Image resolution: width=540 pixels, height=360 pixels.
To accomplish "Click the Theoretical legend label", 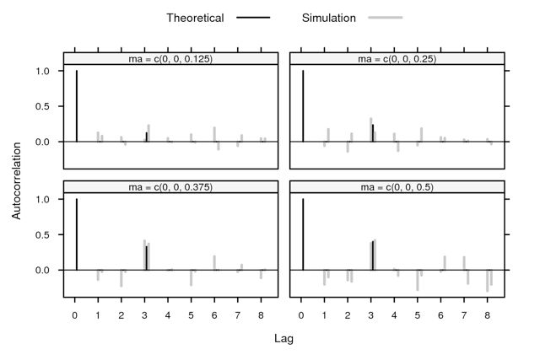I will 195,18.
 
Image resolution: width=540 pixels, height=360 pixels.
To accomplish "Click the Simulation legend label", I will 329,18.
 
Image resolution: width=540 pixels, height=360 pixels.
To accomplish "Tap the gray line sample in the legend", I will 386,18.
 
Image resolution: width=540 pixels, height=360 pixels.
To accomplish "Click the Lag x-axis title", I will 283,338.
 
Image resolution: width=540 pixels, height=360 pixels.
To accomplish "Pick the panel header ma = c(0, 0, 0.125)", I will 170,59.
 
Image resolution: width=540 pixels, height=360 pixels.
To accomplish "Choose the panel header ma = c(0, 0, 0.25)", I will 397,59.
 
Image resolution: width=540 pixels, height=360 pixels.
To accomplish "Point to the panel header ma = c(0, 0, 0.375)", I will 170,187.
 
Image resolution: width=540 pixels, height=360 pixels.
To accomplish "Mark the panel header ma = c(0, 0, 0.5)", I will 397,187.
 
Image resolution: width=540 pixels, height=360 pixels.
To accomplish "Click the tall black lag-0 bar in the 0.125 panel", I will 76,105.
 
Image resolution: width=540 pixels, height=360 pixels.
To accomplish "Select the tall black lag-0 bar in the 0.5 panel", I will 302,234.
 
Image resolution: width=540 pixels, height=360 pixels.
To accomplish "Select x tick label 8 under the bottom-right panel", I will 487,314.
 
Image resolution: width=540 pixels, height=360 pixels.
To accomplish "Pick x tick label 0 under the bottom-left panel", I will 74,314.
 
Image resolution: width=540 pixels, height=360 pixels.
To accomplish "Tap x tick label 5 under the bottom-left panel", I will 191,314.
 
